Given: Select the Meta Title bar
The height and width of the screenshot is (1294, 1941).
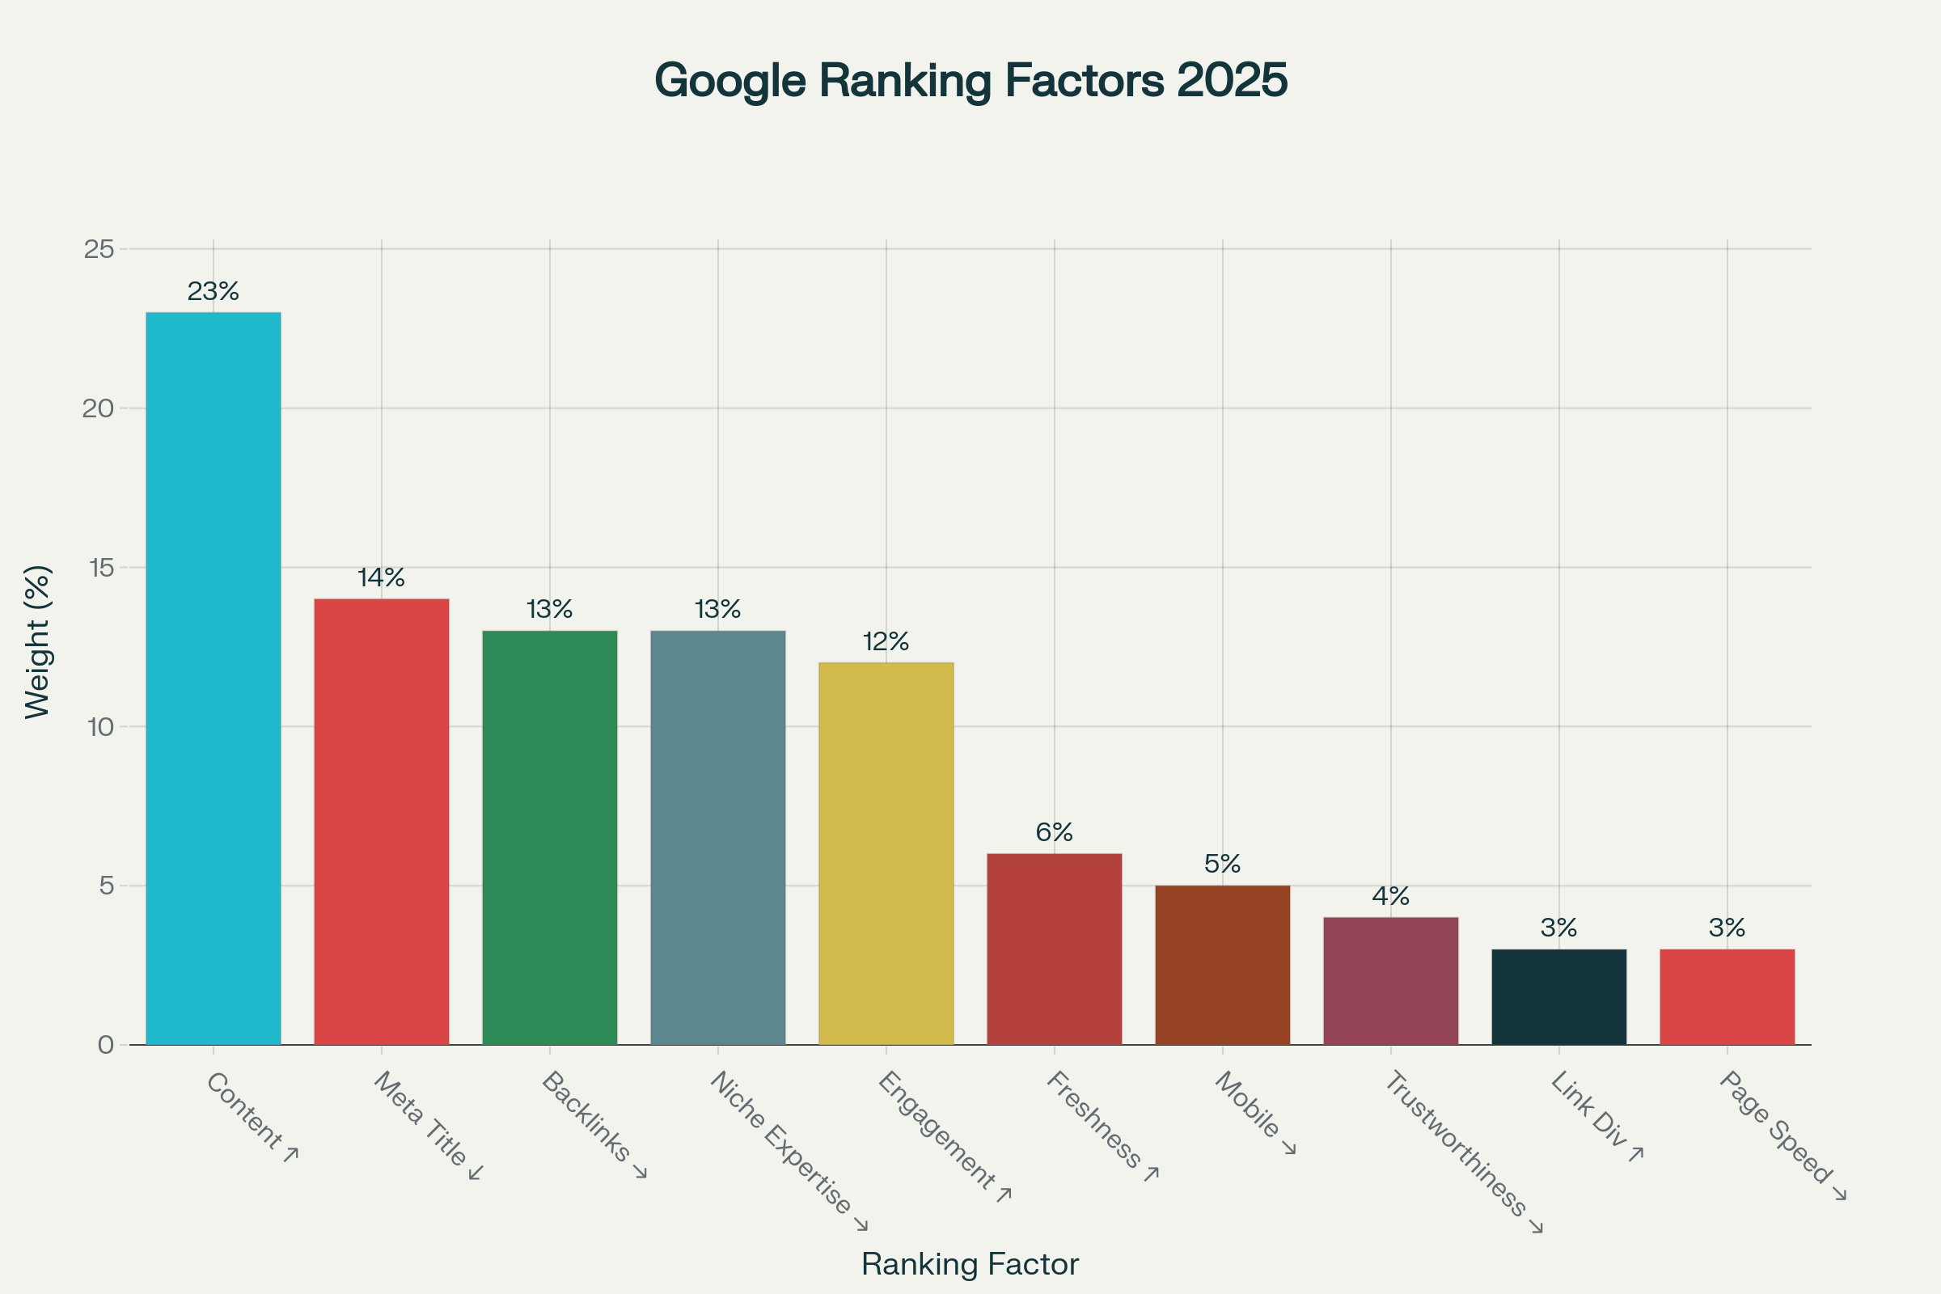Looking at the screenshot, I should pyautogui.click(x=381, y=822).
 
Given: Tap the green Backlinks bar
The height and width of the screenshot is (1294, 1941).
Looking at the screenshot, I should pyautogui.click(x=550, y=838).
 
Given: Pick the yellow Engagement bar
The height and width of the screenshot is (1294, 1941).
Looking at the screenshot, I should pyautogui.click(x=886, y=853).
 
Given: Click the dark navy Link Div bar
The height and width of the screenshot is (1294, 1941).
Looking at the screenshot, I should pyautogui.click(x=1558, y=997).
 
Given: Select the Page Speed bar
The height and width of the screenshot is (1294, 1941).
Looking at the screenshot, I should pyautogui.click(x=1727, y=997).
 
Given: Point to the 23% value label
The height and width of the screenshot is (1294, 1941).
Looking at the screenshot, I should pyautogui.click(x=213, y=291).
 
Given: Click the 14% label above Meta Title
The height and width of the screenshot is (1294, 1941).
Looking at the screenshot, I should pyautogui.click(x=381, y=577).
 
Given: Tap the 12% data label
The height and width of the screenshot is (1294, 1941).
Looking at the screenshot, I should pyautogui.click(x=886, y=641).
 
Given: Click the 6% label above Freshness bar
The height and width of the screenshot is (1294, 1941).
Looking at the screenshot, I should pyautogui.click(x=1054, y=832).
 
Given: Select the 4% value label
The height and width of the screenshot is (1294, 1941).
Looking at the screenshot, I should pyautogui.click(x=1390, y=896).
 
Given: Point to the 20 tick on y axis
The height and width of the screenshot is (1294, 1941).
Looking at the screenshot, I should pyautogui.click(x=98, y=408).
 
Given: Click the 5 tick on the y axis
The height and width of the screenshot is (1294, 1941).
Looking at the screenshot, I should pyautogui.click(x=107, y=886).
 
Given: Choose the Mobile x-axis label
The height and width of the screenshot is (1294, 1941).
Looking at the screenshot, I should pyautogui.click(x=1254, y=1110).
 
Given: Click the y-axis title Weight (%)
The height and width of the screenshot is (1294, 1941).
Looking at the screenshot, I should pyautogui.click(x=38, y=642).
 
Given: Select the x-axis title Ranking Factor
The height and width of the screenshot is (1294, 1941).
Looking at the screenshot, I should pyautogui.click(x=970, y=1264).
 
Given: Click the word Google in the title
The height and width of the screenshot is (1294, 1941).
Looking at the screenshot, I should pyautogui.click(x=729, y=81).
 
